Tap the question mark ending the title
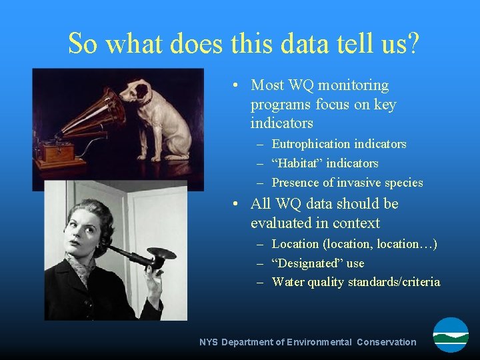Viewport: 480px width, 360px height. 413,43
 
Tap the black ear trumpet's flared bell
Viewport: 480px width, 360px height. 161,257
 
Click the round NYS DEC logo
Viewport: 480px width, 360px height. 451,335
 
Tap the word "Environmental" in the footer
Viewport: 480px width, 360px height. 319,342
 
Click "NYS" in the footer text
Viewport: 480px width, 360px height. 209,342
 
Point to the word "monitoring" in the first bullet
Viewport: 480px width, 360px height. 353,85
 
